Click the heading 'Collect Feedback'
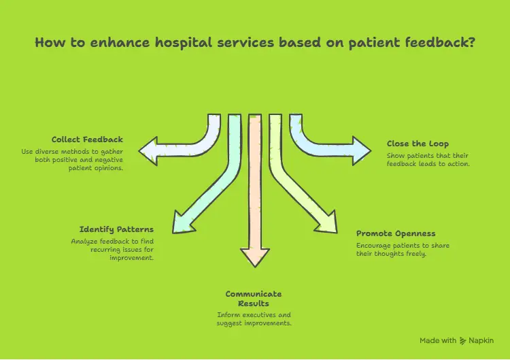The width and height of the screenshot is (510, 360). click(x=88, y=140)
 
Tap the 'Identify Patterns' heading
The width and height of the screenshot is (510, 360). click(x=116, y=229)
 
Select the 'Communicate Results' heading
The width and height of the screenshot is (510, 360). click(x=254, y=298)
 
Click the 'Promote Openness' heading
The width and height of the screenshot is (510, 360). click(x=396, y=233)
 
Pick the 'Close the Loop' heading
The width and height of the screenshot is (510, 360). click(x=418, y=144)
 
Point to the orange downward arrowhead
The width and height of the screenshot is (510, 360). click(x=255, y=257)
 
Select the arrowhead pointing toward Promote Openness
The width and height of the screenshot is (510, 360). click(x=328, y=224)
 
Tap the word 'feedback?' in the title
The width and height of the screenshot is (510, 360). click(x=439, y=42)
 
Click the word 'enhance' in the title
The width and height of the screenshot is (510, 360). click(x=108, y=42)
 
